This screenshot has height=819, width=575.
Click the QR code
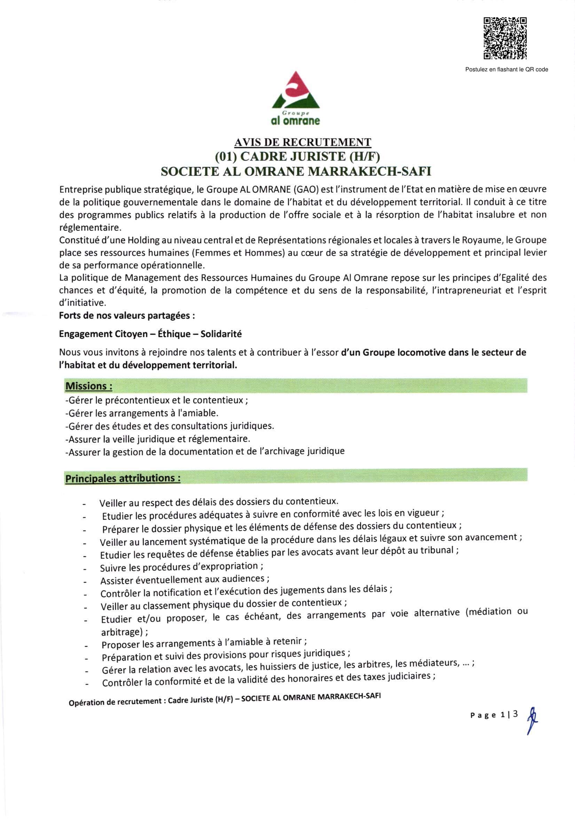point(505,38)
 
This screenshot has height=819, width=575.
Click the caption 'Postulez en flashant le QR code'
point(506,70)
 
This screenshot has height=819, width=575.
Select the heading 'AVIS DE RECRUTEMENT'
point(302,142)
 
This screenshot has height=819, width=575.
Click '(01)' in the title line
point(227,156)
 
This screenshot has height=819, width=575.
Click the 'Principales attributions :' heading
point(123,478)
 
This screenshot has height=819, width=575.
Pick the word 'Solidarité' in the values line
point(221,334)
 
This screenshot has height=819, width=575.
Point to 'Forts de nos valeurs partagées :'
point(127,316)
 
